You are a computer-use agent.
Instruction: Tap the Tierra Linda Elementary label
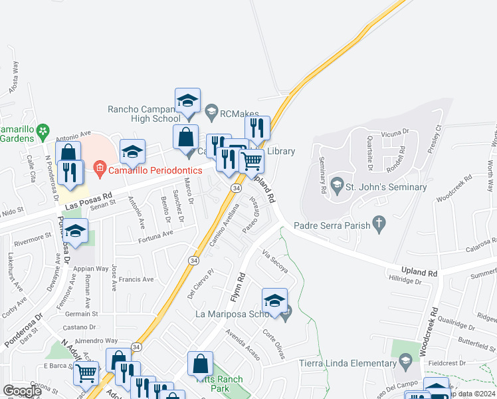pyautogui.click(x=348, y=362)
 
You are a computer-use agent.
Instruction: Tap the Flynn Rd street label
pyautogui.click(x=241, y=286)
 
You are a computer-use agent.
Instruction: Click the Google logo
pyautogui.click(x=22, y=391)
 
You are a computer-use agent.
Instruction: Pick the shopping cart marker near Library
pyautogui.click(x=251, y=160)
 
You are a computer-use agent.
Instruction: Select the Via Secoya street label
pyautogui.click(x=275, y=262)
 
